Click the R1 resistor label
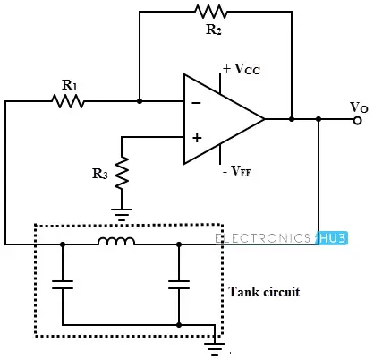[70, 85]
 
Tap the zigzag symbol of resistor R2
[211, 12]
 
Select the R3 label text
[100, 174]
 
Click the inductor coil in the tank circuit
[116, 241]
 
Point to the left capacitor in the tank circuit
[63, 285]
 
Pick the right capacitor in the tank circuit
[179, 285]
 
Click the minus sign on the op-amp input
[196, 103]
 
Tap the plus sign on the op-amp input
[197, 138]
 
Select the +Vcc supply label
[242, 69]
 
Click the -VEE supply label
[237, 171]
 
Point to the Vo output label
[359, 107]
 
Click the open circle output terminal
[357, 120]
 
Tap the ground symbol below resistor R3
[122, 214]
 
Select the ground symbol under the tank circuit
[215, 348]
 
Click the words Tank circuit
[264, 292]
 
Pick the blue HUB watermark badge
[332, 238]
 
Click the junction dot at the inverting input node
[140, 101]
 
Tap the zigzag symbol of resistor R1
[68, 101]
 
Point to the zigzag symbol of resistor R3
[122, 173]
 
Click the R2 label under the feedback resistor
[214, 30]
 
